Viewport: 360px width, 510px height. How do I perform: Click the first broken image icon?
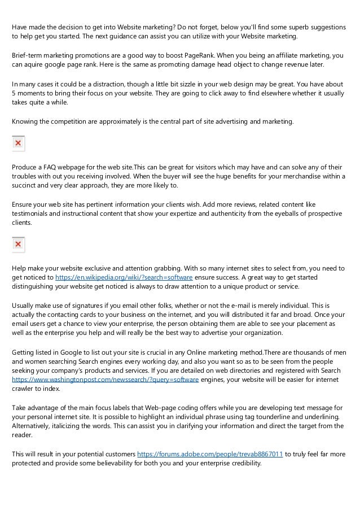coord(18,143)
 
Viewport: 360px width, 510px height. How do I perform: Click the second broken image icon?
coord(18,245)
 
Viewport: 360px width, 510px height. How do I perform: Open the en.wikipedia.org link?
coord(124,278)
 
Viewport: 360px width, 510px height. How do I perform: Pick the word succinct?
coord(27,185)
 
